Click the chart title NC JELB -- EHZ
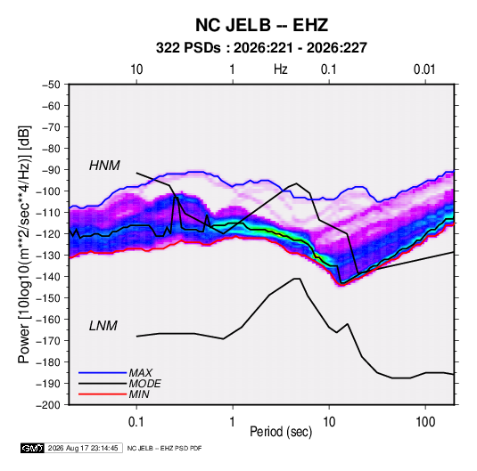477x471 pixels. (x=261, y=25)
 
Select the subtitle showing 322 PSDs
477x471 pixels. (x=261, y=48)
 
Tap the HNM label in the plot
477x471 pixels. (x=104, y=166)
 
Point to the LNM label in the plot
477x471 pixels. (x=103, y=326)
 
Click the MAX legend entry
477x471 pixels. (x=140, y=372)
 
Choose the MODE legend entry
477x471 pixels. (x=144, y=384)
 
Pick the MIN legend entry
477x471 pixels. (x=139, y=394)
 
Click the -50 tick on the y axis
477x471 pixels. (x=51, y=85)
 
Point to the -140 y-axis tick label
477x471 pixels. (x=48, y=277)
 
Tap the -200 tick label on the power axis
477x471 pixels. (x=48, y=405)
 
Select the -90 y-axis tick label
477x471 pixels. (x=51, y=170)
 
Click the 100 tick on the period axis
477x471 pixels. (x=425, y=422)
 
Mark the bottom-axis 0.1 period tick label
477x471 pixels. (x=136, y=422)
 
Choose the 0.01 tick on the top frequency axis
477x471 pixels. (x=424, y=69)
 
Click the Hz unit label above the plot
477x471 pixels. (x=281, y=69)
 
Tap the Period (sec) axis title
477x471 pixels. (x=281, y=432)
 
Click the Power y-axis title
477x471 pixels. (x=24, y=245)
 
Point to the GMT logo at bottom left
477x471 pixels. (x=32, y=448)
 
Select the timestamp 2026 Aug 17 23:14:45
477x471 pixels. (x=83, y=448)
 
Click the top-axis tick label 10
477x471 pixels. (x=136, y=69)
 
